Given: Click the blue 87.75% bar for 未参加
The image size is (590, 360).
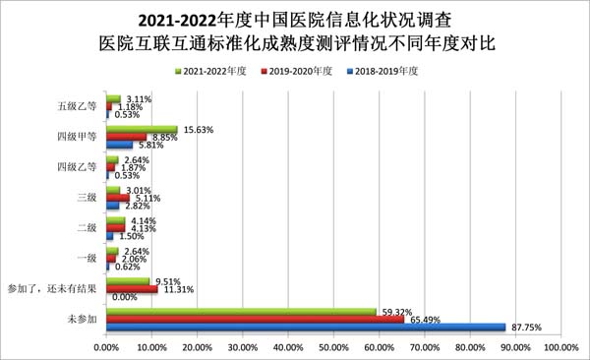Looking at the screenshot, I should pos(305,328).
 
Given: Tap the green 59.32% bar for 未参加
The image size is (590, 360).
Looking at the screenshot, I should pos(240,312).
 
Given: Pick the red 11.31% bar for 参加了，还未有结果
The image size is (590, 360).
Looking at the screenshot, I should pos(131,289).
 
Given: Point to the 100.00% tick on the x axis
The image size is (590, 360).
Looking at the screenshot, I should pos(560,347).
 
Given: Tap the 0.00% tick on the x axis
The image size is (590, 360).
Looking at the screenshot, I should pos(105,347).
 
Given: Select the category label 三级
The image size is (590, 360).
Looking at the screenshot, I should pos(87,198).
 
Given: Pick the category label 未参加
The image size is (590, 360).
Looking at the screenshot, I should pos(83,320).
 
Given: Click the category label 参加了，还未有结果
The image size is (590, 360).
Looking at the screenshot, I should pos(52,289).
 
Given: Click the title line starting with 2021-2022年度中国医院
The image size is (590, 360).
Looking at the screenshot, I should pos(295,20).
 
